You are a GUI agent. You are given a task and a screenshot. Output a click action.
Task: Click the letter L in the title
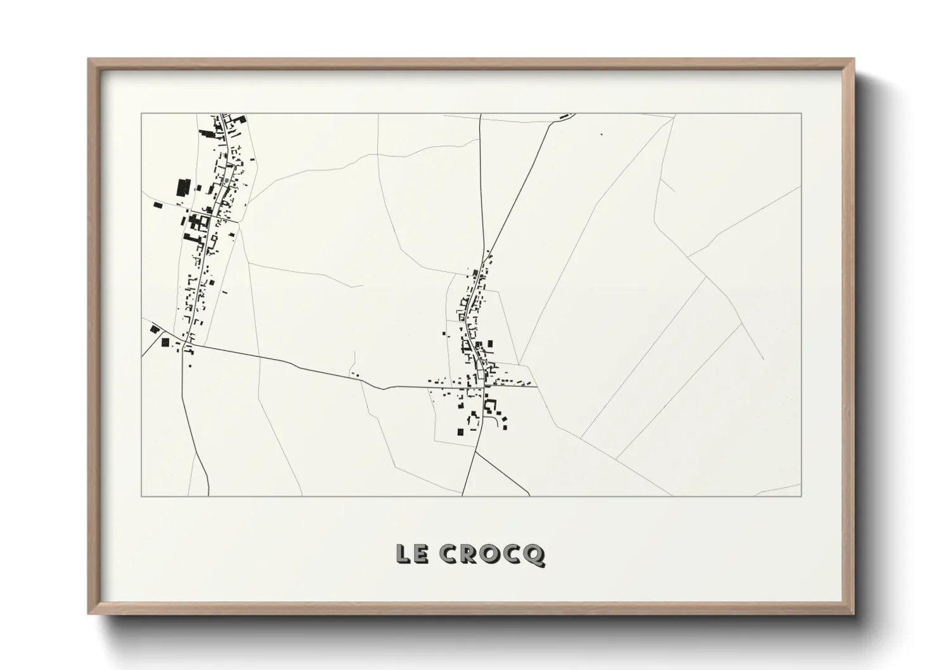tap(403, 554)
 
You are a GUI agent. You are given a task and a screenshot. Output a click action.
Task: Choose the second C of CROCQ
tap(512, 554)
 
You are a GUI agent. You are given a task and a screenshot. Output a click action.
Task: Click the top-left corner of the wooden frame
tap(89, 60)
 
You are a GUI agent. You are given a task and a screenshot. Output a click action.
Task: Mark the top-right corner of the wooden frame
tap(853, 60)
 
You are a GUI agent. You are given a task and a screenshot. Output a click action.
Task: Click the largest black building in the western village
tap(184, 188)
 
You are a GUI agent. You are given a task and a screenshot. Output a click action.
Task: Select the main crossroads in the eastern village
tap(484, 386)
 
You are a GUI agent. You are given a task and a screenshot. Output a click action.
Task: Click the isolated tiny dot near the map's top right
tap(601, 134)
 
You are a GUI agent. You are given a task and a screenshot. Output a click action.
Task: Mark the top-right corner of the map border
tap(801, 113)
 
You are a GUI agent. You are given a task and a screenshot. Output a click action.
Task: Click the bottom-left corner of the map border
tap(142, 496)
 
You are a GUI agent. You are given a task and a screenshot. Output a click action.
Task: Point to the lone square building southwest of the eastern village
tap(460, 432)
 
